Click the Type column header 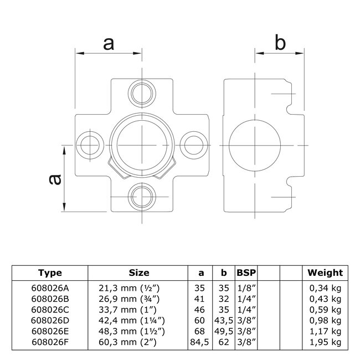pos(50,272)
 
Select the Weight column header pos(325,272)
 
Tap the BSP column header pos(246,272)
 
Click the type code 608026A pos(50,288)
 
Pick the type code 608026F pos(50,342)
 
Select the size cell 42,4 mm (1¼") pos(132,321)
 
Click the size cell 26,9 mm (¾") pos(129,299)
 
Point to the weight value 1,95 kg pos(325,342)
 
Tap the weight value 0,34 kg pos(325,288)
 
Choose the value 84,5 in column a pos(199,342)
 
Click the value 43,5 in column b pos(224,321)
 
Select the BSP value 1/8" pos(246,288)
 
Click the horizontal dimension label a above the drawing pos(109,44)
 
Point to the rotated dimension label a pos(55,179)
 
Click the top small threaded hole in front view pos(142,94)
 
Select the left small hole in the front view pos(90,145)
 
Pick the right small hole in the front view pos(194,145)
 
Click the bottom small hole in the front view pos(142,197)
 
